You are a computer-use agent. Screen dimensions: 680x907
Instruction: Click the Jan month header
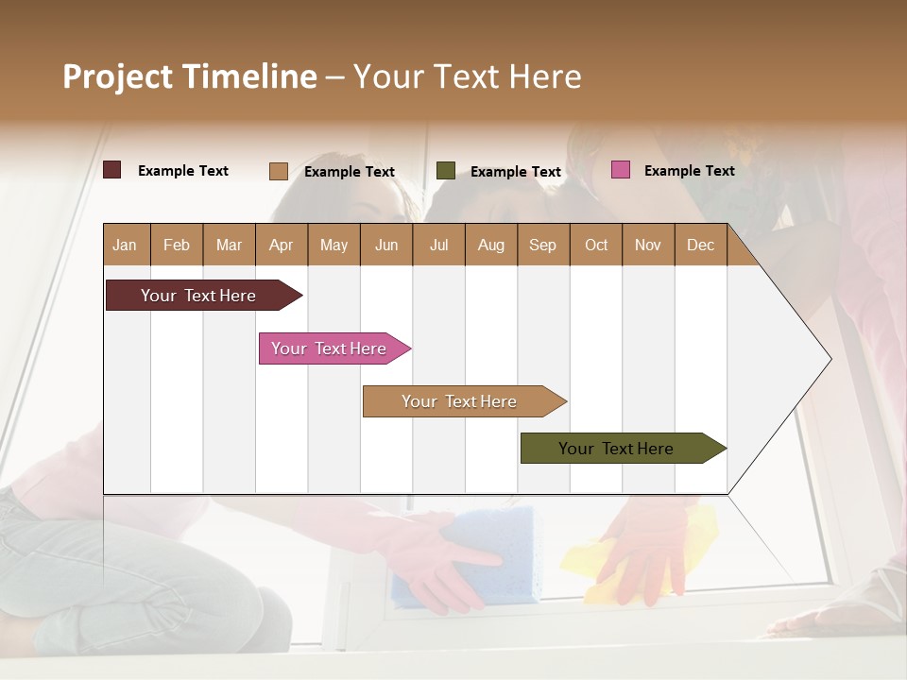click(125, 246)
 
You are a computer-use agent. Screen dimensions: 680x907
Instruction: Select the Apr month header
click(281, 246)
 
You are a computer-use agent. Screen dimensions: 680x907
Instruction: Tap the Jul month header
click(438, 246)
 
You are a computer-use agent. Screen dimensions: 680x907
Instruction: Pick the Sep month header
click(542, 246)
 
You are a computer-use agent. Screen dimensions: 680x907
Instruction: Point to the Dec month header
click(700, 246)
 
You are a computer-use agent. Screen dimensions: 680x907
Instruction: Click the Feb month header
click(177, 246)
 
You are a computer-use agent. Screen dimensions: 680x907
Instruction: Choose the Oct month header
click(596, 246)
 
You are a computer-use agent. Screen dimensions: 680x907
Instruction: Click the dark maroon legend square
click(111, 170)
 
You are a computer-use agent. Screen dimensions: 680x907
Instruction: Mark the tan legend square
click(278, 171)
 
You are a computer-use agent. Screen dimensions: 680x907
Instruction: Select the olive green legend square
click(446, 170)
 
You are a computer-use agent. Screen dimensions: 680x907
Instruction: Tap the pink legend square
click(620, 170)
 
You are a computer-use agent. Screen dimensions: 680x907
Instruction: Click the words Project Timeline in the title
click(189, 76)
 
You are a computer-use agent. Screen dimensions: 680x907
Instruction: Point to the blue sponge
click(472, 557)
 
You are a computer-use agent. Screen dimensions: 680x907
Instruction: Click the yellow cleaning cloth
click(652, 557)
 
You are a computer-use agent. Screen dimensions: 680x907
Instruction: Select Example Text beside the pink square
click(689, 171)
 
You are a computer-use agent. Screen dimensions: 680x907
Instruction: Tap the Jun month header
click(386, 246)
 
